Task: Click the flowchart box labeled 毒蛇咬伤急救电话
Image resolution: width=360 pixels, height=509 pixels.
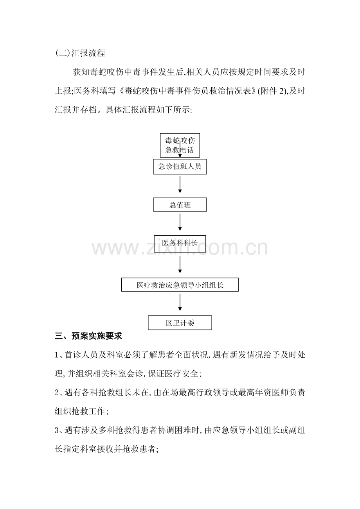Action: pos(180,145)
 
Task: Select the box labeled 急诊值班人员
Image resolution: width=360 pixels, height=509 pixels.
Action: pos(180,167)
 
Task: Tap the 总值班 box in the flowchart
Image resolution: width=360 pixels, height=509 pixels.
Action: pos(180,204)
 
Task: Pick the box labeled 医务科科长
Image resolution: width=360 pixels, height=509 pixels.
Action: pos(180,244)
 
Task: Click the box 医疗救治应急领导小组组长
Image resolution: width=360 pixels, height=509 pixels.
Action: pos(180,285)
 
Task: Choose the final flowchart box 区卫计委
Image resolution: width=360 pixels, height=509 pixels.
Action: pos(180,323)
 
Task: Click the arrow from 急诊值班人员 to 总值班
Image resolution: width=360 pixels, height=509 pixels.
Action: pos(180,185)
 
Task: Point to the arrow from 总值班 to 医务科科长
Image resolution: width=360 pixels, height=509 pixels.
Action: pos(180,222)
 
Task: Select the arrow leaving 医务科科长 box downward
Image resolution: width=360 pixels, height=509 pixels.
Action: pos(180,265)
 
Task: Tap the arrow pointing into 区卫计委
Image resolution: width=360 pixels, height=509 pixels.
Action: pos(180,302)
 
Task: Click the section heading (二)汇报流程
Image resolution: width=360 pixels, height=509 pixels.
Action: pos(80,53)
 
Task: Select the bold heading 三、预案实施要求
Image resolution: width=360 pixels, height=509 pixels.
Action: pos(88,336)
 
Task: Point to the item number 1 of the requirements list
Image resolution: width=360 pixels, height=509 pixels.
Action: pos(57,355)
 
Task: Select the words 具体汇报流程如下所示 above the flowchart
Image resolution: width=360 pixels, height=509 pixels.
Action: pos(148,110)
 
